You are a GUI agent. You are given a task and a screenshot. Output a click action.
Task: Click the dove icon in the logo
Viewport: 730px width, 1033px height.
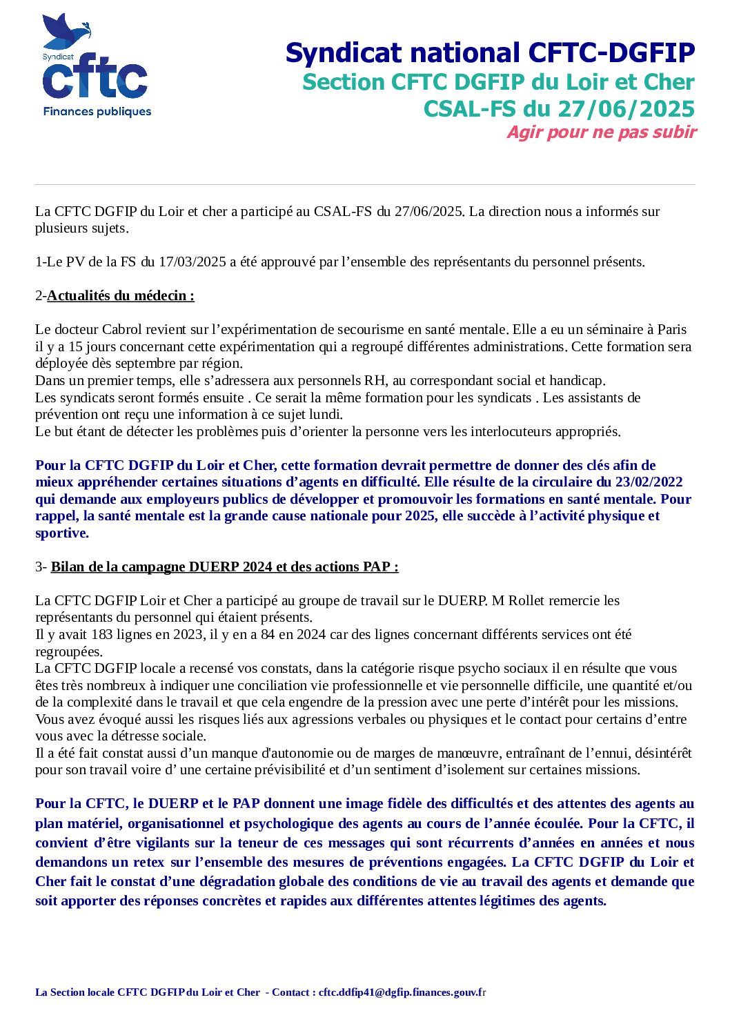[x=68, y=32]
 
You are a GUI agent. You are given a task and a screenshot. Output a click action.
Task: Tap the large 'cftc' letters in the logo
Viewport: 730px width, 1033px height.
[x=95, y=81]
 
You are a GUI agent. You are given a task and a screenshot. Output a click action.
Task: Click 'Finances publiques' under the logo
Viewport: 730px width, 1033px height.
[x=97, y=112]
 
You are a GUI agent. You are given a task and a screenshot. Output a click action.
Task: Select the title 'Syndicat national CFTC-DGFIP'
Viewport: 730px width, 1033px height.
[x=490, y=53]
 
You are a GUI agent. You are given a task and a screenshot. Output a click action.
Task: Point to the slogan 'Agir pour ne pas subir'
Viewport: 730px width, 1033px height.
[x=602, y=132]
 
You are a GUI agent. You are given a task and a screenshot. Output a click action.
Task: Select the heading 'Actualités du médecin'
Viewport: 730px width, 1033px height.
[x=120, y=296]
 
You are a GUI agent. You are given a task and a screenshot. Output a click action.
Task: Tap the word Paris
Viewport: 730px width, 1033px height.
[x=671, y=330]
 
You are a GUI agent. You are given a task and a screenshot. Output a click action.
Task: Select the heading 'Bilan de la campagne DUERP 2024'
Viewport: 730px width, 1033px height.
[x=224, y=567]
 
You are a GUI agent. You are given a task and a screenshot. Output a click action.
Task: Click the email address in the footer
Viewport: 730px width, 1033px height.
[x=402, y=993]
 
